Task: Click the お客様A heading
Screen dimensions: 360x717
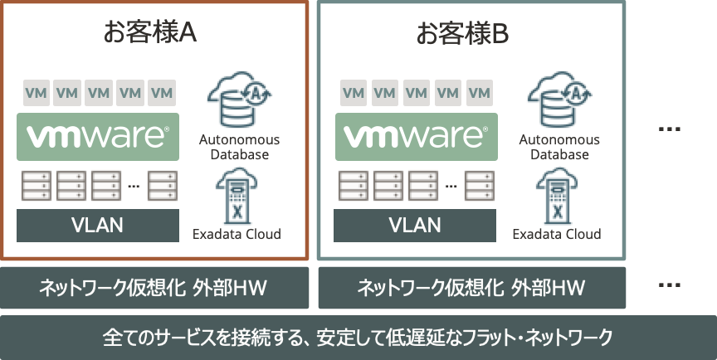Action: (x=149, y=34)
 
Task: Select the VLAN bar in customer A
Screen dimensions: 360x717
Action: (x=98, y=226)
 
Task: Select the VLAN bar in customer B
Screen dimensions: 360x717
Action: (x=416, y=226)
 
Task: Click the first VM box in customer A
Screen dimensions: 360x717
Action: (x=36, y=93)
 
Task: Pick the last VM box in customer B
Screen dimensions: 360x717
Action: (x=479, y=93)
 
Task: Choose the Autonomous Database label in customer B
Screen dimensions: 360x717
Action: (x=558, y=147)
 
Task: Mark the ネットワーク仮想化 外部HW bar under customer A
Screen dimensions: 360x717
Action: (x=154, y=288)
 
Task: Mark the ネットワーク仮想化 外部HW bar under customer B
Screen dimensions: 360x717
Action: (x=471, y=288)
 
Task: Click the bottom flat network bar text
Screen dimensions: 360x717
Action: (x=358, y=338)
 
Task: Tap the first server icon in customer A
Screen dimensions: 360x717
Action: (x=36, y=186)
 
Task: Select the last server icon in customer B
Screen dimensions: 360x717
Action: (x=477, y=186)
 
